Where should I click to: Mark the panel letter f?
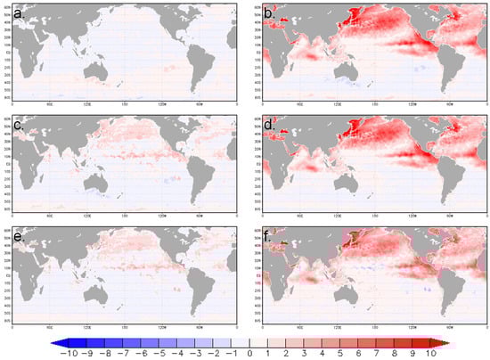[x=270, y=234]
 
